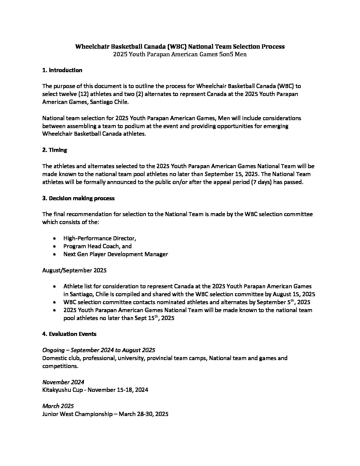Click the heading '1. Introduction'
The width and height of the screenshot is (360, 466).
62,70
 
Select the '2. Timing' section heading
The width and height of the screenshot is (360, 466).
55,150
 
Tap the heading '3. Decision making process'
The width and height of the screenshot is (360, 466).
78,198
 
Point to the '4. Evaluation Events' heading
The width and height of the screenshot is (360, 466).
69,334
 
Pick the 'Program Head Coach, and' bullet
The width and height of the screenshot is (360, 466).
97,246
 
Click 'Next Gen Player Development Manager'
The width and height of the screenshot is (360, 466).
115,254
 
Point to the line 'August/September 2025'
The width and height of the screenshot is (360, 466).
74,270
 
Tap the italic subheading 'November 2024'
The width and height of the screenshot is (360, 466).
63,382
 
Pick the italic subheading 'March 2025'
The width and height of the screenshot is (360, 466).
58,406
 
